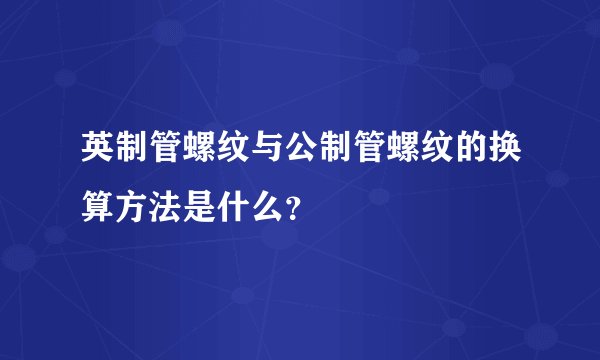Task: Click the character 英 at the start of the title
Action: click(99, 153)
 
